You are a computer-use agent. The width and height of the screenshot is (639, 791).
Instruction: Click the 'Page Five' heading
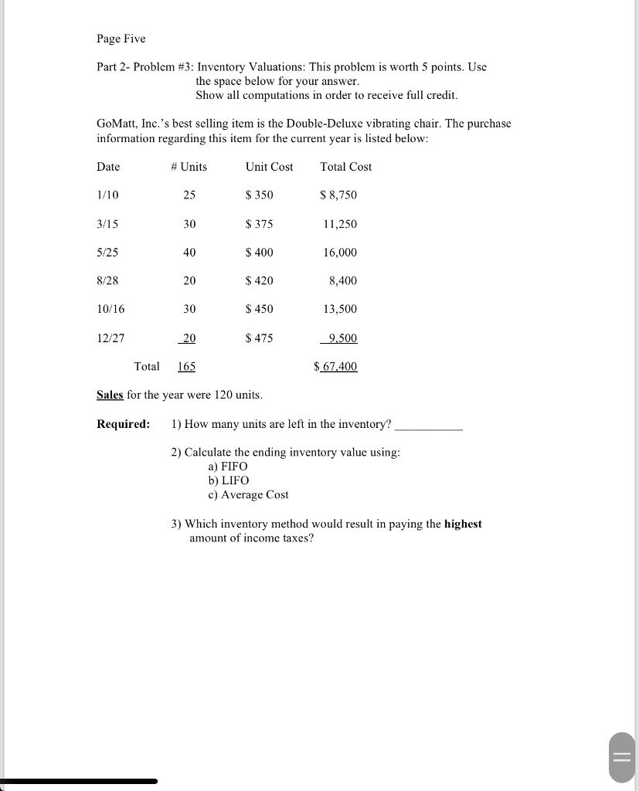[x=121, y=39]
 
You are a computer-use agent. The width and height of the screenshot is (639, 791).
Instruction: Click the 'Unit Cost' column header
[x=269, y=167]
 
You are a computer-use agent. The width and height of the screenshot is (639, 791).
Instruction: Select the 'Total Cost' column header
[x=345, y=167]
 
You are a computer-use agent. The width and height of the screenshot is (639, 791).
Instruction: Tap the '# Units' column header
[x=189, y=167]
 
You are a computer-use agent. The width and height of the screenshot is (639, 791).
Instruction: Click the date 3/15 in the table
[x=107, y=224]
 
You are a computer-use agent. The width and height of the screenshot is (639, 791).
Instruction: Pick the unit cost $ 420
[x=259, y=280]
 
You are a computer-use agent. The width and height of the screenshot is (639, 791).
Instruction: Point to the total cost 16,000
[x=340, y=253]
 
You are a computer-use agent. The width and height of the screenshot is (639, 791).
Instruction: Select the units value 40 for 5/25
[x=189, y=253]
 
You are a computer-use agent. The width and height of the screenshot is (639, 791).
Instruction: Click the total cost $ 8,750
[x=338, y=195]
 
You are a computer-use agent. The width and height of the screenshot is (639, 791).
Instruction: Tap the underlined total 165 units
[x=186, y=367]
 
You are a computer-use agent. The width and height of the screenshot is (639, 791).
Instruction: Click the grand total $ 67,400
[x=336, y=367]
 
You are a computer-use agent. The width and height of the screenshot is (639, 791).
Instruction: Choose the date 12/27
[x=110, y=338]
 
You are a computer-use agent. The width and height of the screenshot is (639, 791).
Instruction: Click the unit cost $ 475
[x=259, y=338]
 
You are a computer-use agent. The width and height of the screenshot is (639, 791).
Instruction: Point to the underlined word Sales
[x=110, y=395]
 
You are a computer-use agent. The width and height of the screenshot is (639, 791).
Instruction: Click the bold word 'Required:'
[x=123, y=424]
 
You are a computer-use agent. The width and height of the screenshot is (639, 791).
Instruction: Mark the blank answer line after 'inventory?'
[x=428, y=426]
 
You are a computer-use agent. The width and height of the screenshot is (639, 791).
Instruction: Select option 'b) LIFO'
[x=228, y=480]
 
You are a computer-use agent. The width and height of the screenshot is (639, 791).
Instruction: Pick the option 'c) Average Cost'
[x=248, y=494]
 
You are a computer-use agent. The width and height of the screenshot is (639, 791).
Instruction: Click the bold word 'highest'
[x=463, y=524]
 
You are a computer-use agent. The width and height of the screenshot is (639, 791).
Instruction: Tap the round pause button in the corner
[x=622, y=757]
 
